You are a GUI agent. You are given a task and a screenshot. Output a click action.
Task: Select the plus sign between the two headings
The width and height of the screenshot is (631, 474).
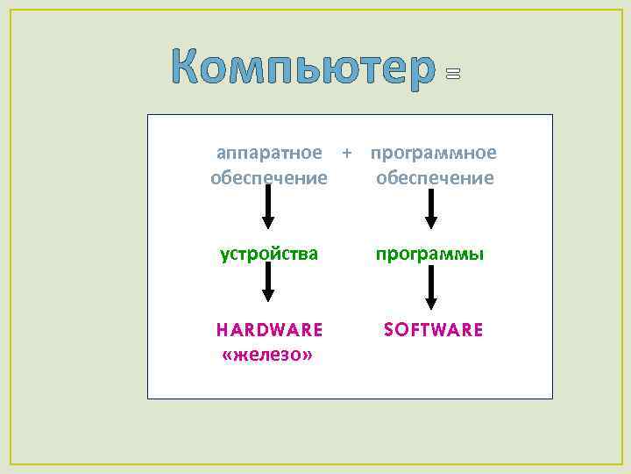click(347, 153)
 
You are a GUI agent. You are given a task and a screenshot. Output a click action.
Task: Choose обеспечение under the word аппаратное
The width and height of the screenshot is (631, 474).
click(269, 178)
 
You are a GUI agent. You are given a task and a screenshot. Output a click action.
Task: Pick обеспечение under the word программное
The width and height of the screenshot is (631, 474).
click(435, 178)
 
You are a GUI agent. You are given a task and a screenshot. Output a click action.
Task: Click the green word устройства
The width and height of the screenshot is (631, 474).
click(269, 255)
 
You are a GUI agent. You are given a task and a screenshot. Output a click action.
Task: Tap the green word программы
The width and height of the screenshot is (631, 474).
click(430, 255)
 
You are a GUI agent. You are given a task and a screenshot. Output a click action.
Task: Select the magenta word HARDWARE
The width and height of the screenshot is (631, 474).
click(270, 330)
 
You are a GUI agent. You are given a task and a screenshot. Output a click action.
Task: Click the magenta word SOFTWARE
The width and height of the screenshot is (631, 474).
click(434, 330)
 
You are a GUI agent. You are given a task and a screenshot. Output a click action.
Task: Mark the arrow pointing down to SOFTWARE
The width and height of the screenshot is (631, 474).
click(431, 289)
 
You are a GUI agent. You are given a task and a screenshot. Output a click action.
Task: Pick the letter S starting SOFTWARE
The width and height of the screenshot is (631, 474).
click(389, 330)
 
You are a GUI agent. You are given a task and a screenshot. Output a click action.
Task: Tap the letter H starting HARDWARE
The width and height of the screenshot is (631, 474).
click(223, 330)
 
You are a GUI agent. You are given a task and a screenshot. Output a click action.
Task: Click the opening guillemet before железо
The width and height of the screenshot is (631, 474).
click(228, 355)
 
